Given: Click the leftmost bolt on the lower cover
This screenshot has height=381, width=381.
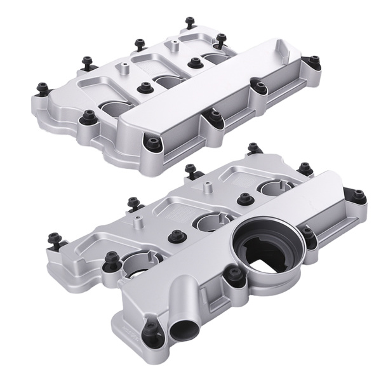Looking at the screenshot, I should (53, 239).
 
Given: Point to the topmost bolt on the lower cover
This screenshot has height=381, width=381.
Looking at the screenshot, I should (253, 148).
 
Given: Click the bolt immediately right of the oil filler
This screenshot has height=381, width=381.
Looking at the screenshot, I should (308, 232).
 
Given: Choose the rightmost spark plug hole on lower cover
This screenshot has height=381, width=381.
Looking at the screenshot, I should (277, 187).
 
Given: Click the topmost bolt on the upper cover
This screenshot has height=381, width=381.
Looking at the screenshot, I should (189, 22).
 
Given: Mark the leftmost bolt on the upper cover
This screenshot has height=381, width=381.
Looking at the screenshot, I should (43, 89).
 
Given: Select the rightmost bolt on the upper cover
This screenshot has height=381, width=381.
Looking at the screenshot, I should (314, 61).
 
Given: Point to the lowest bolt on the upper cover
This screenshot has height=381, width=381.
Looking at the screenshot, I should (152, 143).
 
